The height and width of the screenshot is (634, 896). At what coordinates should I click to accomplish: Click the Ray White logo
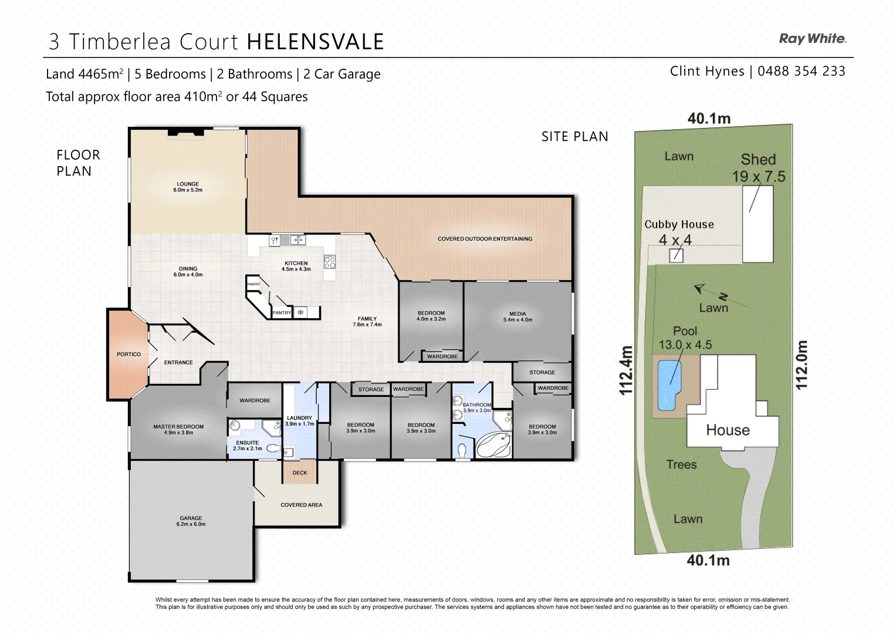pyautogui.click(x=812, y=39)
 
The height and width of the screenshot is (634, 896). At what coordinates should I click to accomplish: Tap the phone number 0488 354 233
pyautogui.click(x=801, y=71)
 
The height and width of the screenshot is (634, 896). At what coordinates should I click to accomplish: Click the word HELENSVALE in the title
pyautogui.click(x=315, y=42)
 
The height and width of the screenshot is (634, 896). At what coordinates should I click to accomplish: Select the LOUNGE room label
pyautogui.click(x=188, y=187)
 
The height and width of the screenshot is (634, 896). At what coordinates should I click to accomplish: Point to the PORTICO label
pyautogui.click(x=129, y=355)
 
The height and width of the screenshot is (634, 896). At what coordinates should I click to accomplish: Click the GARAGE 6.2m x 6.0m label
pyautogui.click(x=191, y=521)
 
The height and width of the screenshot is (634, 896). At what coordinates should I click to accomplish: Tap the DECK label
pyautogui.click(x=300, y=473)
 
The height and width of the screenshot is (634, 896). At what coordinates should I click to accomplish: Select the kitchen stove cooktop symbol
pyautogui.click(x=330, y=262)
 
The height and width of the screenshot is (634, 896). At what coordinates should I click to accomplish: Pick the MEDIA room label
pyautogui.click(x=518, y=316)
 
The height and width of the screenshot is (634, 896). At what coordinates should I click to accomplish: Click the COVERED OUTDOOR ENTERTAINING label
pyautogui.click(x=485, y=239)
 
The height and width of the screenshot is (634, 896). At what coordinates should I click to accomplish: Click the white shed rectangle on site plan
pyautogui.click(x=758, y=224)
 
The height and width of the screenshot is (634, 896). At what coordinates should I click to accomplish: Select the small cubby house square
pyautogui.click(x=676, y=255)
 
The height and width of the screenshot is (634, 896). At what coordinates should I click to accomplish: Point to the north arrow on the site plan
pyautogui.click(x=699, y=288)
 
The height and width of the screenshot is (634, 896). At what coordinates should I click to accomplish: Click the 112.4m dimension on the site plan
pyautogui.click(x=626, y=370)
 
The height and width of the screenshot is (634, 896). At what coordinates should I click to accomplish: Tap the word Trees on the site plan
pyautogui.click(x=681, y=464)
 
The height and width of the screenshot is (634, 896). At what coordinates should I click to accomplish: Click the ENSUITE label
pyautogui.click(x=247, y=446)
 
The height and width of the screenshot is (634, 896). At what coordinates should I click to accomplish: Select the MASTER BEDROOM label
pyautogui.click(x=178, y=430)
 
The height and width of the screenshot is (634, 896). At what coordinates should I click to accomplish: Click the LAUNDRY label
pyautogui.click(x=299, y=420)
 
